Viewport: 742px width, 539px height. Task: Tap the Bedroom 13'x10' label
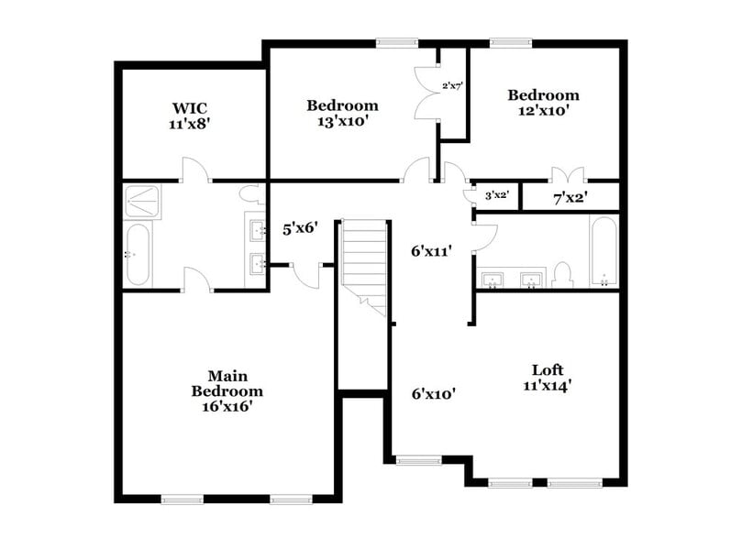click(341, 112)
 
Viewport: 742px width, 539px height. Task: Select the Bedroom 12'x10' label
click(543, 102)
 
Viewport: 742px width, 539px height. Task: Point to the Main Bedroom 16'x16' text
click(228, 390)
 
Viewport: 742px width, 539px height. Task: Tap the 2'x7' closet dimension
click(452, 86)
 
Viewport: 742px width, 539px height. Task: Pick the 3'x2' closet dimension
click(496, 195)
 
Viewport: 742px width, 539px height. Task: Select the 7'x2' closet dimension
click(569, 196)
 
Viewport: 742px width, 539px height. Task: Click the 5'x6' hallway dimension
click(299, 228)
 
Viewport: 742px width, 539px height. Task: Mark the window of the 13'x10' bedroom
click(396, 41)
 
